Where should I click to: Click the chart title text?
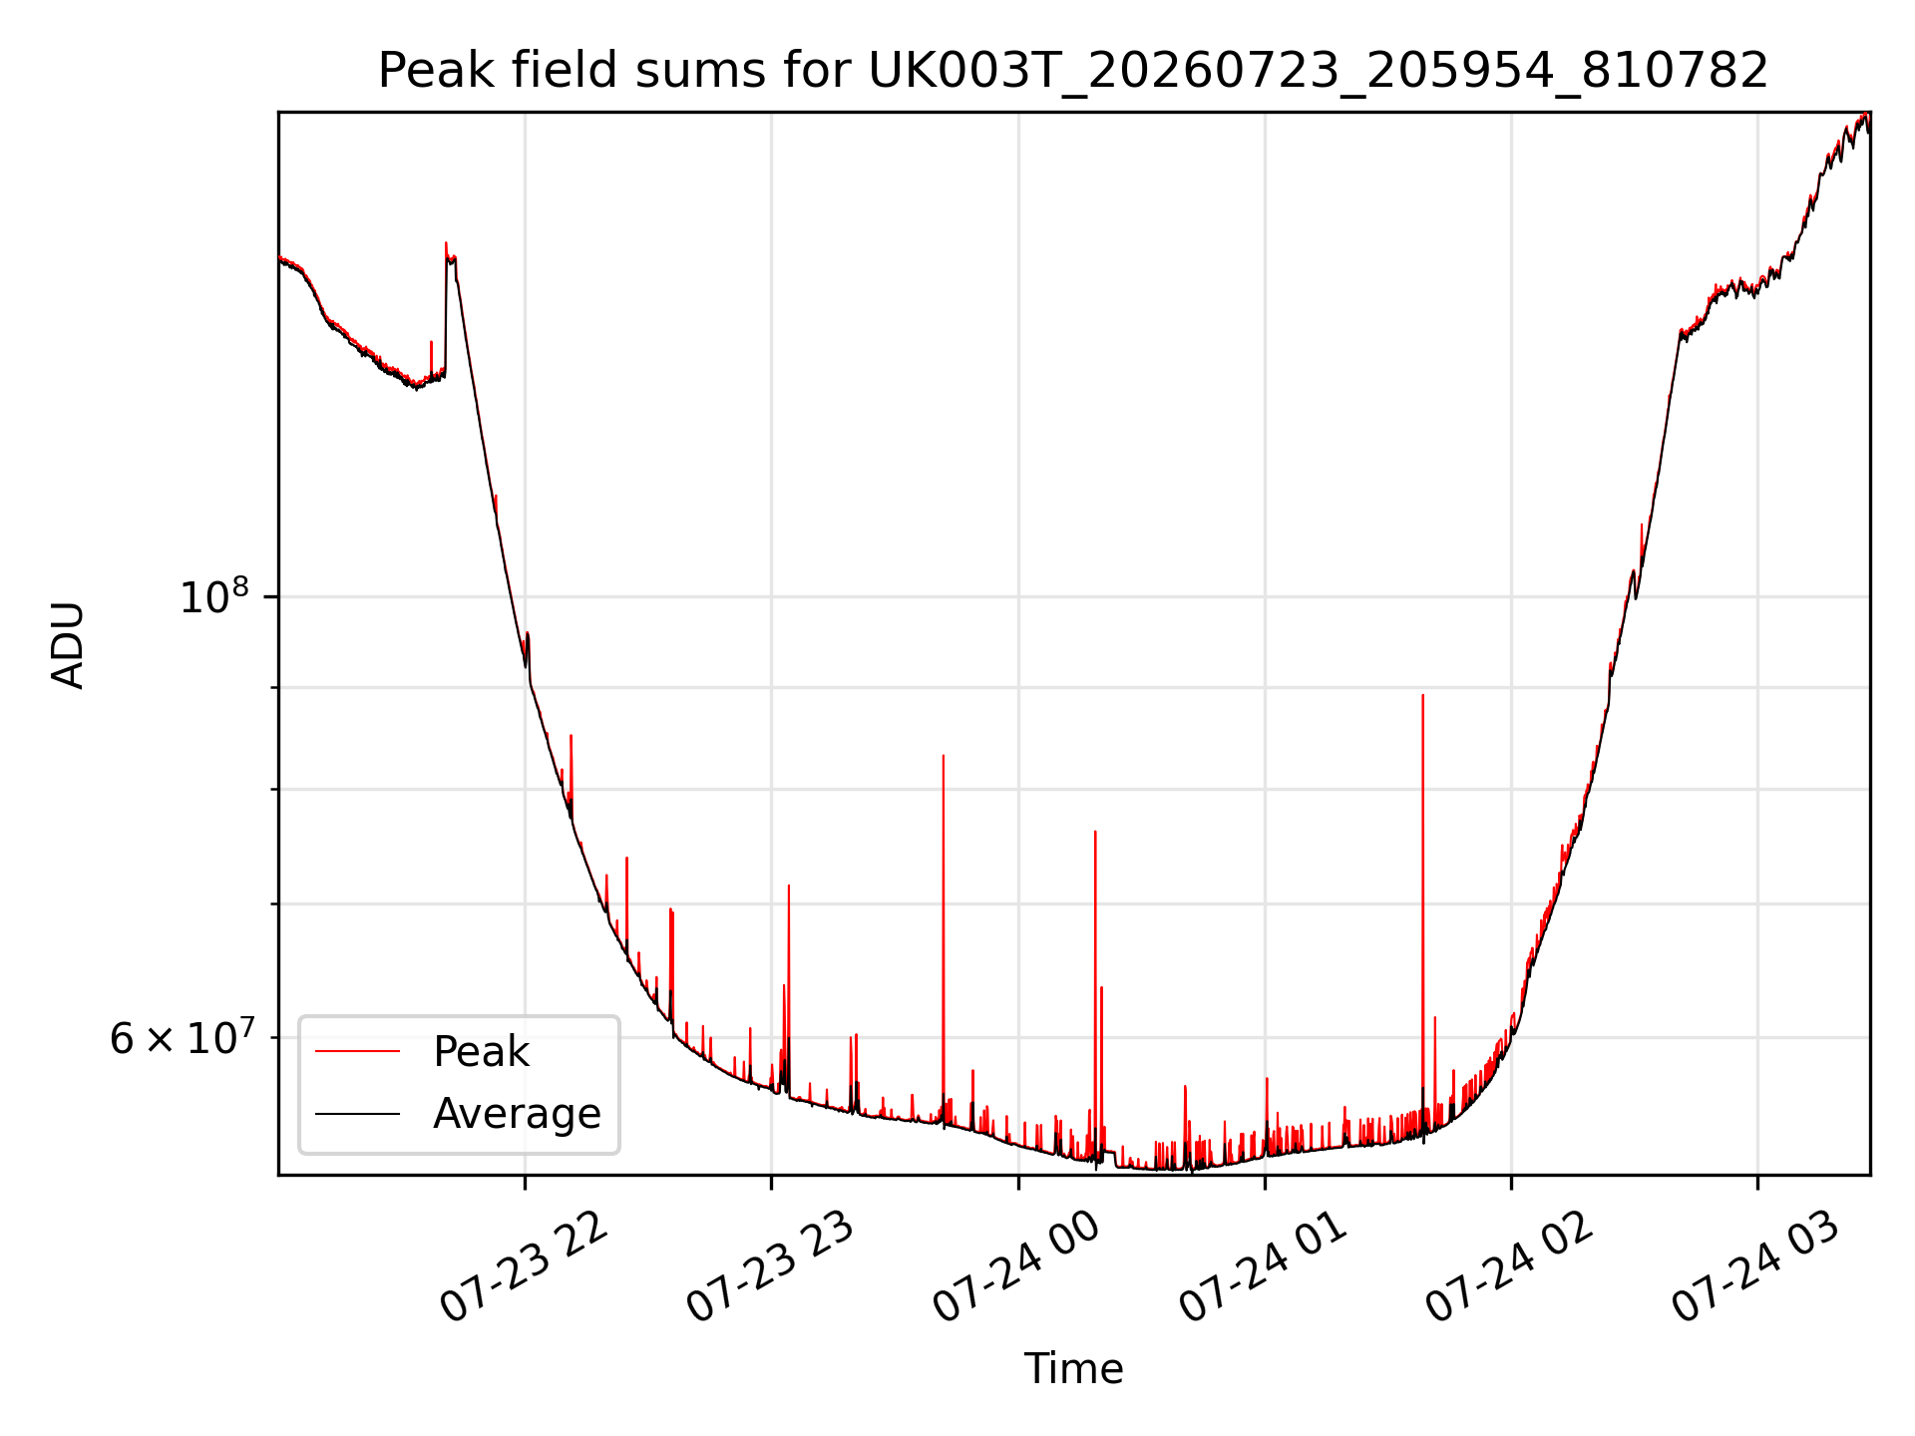(x=1073, y=71)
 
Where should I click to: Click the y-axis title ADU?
(x=68, y=644)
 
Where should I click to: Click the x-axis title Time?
(x=1073, y=1369)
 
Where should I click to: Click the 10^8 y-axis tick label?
(x=214, y=596)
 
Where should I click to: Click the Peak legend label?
(x=481, y=1052)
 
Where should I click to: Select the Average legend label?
(x=517, y=1114)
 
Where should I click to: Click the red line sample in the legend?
(x=357, y=1051)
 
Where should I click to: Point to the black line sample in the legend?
(x=357, y=1113)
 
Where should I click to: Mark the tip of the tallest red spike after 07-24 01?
(x=1422, y=695)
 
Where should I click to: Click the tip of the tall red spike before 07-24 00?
(x=943, y=756)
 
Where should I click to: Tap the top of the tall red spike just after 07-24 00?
(x=1095, y=831)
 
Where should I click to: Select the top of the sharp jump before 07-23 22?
(x=446, y=242)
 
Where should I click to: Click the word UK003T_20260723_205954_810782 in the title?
(x=1319, y=72)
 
